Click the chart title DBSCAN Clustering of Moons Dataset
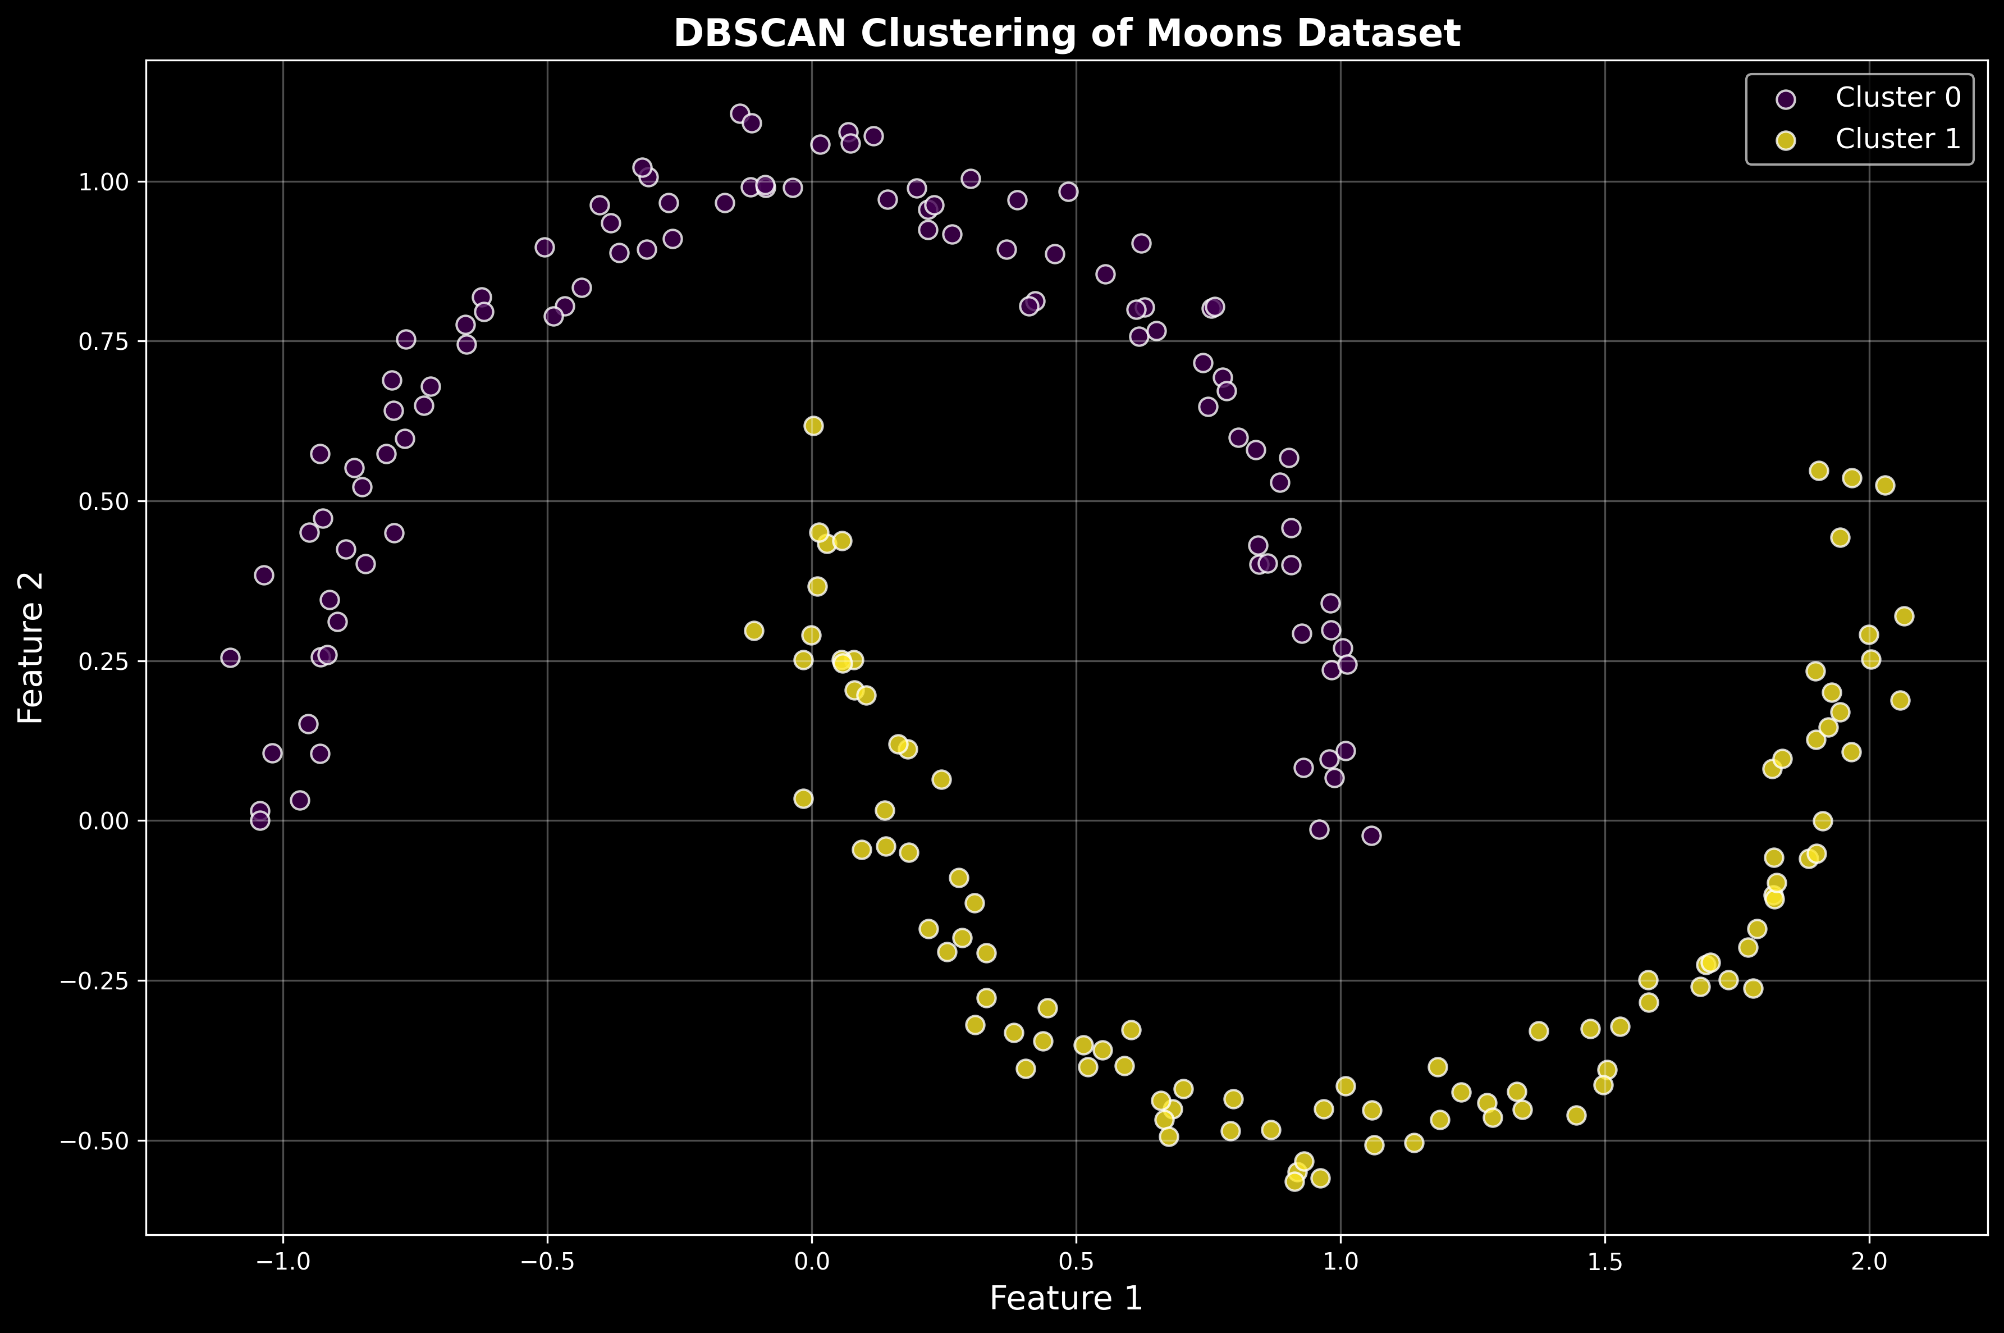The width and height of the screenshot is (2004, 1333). tap(1067, 34)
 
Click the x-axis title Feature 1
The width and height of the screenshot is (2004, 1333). tap(1067, 1298)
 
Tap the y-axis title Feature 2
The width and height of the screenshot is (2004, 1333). tap(31, 648)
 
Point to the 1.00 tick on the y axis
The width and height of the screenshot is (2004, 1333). tap(102, 182)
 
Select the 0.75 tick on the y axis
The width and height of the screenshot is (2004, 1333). tap(102, 342)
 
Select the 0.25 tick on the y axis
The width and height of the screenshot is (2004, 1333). tap(102, 661)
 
